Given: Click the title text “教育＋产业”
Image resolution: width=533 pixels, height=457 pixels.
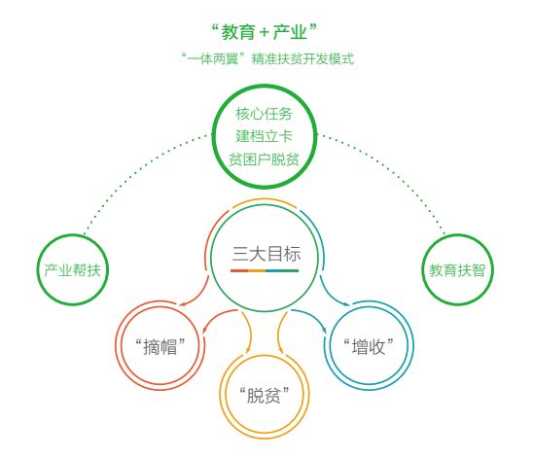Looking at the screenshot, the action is click(264, 32).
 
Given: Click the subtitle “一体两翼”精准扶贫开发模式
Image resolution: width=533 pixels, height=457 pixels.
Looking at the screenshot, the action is click(267, 58).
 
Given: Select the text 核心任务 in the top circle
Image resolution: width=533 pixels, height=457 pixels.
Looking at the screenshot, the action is click(265, 114).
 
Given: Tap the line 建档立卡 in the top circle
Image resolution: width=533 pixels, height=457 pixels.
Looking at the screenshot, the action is click(265, 136).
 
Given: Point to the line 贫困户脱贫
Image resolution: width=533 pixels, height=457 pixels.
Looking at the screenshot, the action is click(264, 159).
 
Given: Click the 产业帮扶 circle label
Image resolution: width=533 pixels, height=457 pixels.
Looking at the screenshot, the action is click(72, 270).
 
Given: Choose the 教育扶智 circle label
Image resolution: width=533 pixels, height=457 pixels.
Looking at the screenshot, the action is click(457, 270).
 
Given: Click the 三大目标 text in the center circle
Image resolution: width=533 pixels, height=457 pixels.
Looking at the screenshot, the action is click(266, 254).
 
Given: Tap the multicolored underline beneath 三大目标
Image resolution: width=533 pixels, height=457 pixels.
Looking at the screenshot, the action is click(265, 271).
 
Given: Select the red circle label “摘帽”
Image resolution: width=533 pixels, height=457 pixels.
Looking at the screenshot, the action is click(160, 346).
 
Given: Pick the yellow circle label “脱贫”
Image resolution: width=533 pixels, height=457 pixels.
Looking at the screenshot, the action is click(265, 395).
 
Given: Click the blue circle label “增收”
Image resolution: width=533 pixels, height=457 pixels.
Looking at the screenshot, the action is click(369, 346).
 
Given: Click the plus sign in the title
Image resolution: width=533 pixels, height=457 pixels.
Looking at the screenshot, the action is click(265, 33).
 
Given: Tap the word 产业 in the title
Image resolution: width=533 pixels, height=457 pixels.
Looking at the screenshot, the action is click(290, 32).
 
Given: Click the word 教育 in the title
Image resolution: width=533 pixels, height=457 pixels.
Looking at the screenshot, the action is click(238, 32).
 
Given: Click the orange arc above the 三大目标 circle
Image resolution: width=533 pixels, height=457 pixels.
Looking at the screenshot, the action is click(265, 199).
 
